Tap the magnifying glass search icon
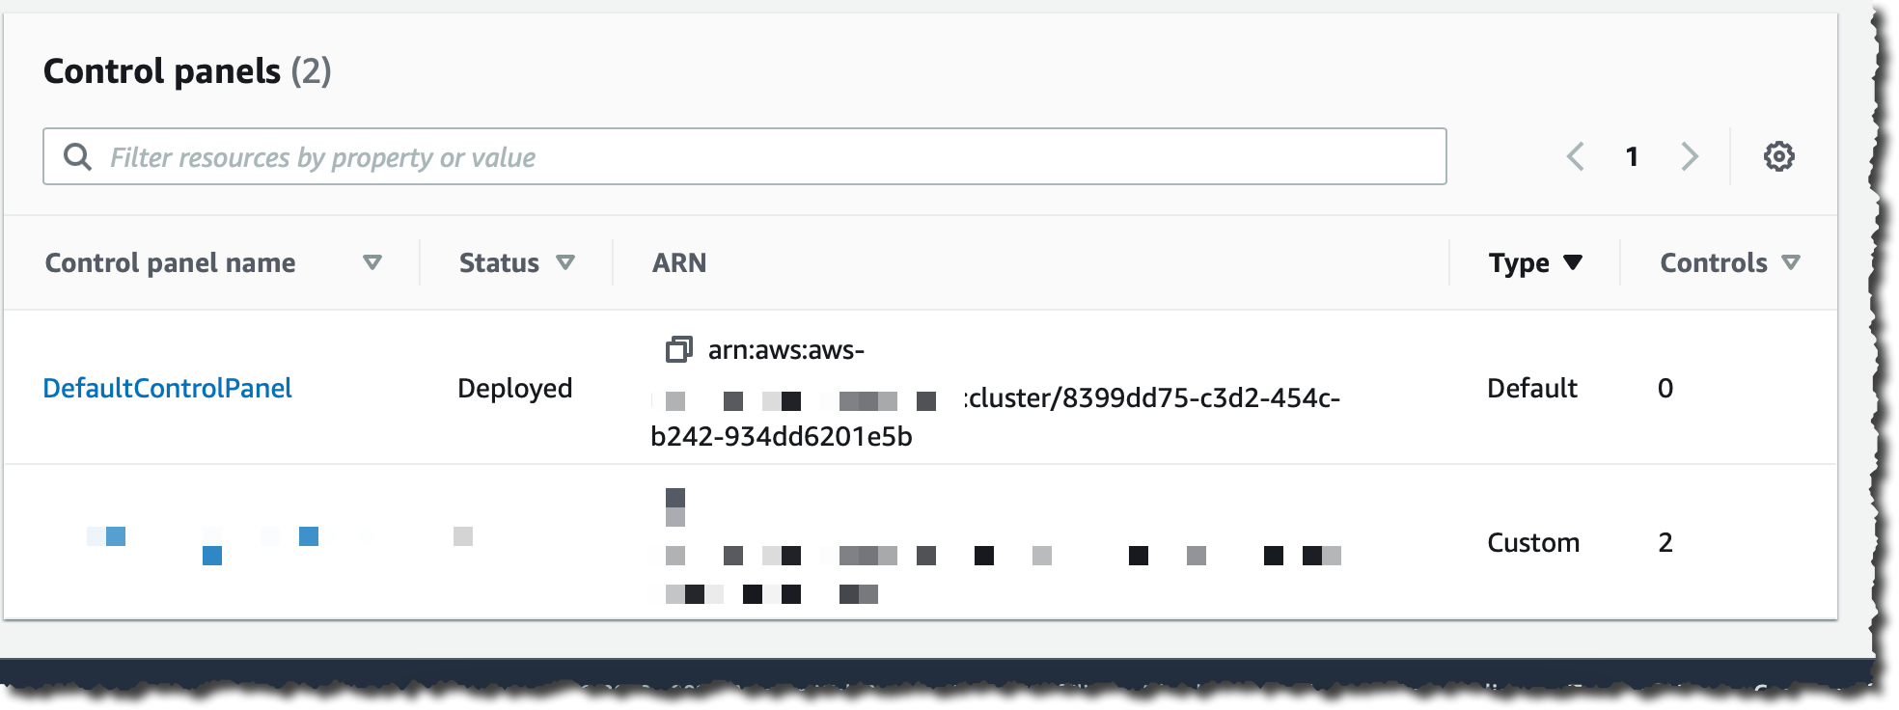pos(77,156)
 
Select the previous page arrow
pos(1576,156)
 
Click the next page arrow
pos(1689,156)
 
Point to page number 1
pos(1632,156)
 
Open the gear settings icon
pos(1778,156)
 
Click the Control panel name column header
pos(170,262)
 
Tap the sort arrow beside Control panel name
pos(372,262)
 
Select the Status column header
pos(499,262)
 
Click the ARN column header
pos(679,262)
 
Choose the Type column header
pos(1519,262)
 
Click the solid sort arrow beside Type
pos(1573,262)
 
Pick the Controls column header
pos(1714,262)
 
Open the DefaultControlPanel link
pos(167,388)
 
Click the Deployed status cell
pos(514,388)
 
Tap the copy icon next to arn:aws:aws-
pos(678,349)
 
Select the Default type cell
pos(1531,388)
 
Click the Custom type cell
pos(1532,542)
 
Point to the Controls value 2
pos(1665,542)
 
